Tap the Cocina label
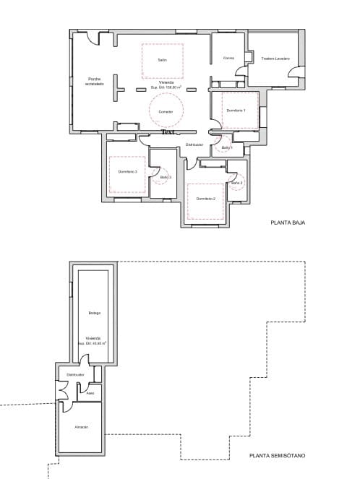tap(228, 58)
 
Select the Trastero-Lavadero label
tap(275, 58)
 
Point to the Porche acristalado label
tap(95, 81)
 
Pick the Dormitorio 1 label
tap(236, 110)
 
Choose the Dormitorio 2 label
tap(206, 198)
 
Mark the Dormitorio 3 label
tap(128, 171)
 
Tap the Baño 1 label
tap(227, 147)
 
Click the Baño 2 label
tap(237, 183)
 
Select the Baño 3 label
tap(165, 177)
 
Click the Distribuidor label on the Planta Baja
tap(194, 144)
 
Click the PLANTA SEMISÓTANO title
tap(278, 456)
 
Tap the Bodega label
tap(95, 313)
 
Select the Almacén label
tap(82, 427)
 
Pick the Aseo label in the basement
tap(90, 394)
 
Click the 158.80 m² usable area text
tap(166, 87)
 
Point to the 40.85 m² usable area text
tap(94, 343)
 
